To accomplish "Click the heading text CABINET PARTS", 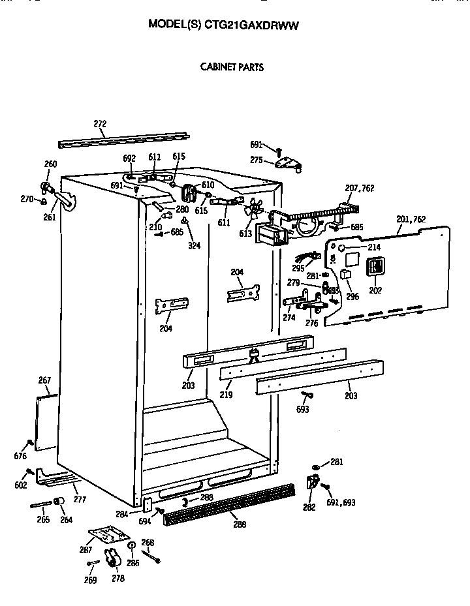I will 232,67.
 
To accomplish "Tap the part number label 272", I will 100,124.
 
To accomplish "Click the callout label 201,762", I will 411,220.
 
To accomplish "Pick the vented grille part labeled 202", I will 375,267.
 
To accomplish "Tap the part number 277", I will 80,500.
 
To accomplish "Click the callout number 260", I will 50,164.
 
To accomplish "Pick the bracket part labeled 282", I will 311,483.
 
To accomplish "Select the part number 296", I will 352,296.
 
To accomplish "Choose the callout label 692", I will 129,159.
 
